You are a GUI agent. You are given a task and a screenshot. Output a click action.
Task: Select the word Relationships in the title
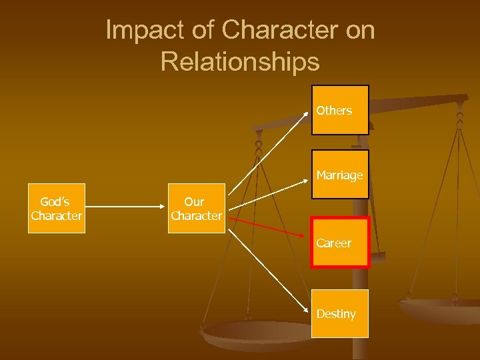[x=240, y=62]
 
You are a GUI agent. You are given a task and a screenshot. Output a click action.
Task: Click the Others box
[x=339, y=110]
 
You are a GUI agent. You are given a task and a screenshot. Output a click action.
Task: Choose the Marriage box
[x=339, y=175]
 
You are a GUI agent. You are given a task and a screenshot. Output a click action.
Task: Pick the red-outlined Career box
[x=339, y=243]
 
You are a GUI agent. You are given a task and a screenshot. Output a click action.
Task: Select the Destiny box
[x=339, y=313]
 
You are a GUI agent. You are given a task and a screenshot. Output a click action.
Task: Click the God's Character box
[x=57, y=208]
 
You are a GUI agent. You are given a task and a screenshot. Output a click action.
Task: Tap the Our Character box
[x=195, y=208]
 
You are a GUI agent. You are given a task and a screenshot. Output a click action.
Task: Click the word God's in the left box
[x=55, y=201]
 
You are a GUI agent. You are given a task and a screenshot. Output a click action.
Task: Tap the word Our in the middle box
[x=194, y=201]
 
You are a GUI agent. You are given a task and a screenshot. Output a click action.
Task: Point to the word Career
[x=333, y=243]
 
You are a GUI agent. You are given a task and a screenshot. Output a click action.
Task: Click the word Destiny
[x=336, y=314]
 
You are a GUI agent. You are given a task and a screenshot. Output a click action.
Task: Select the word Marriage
[x=339, y=175]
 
